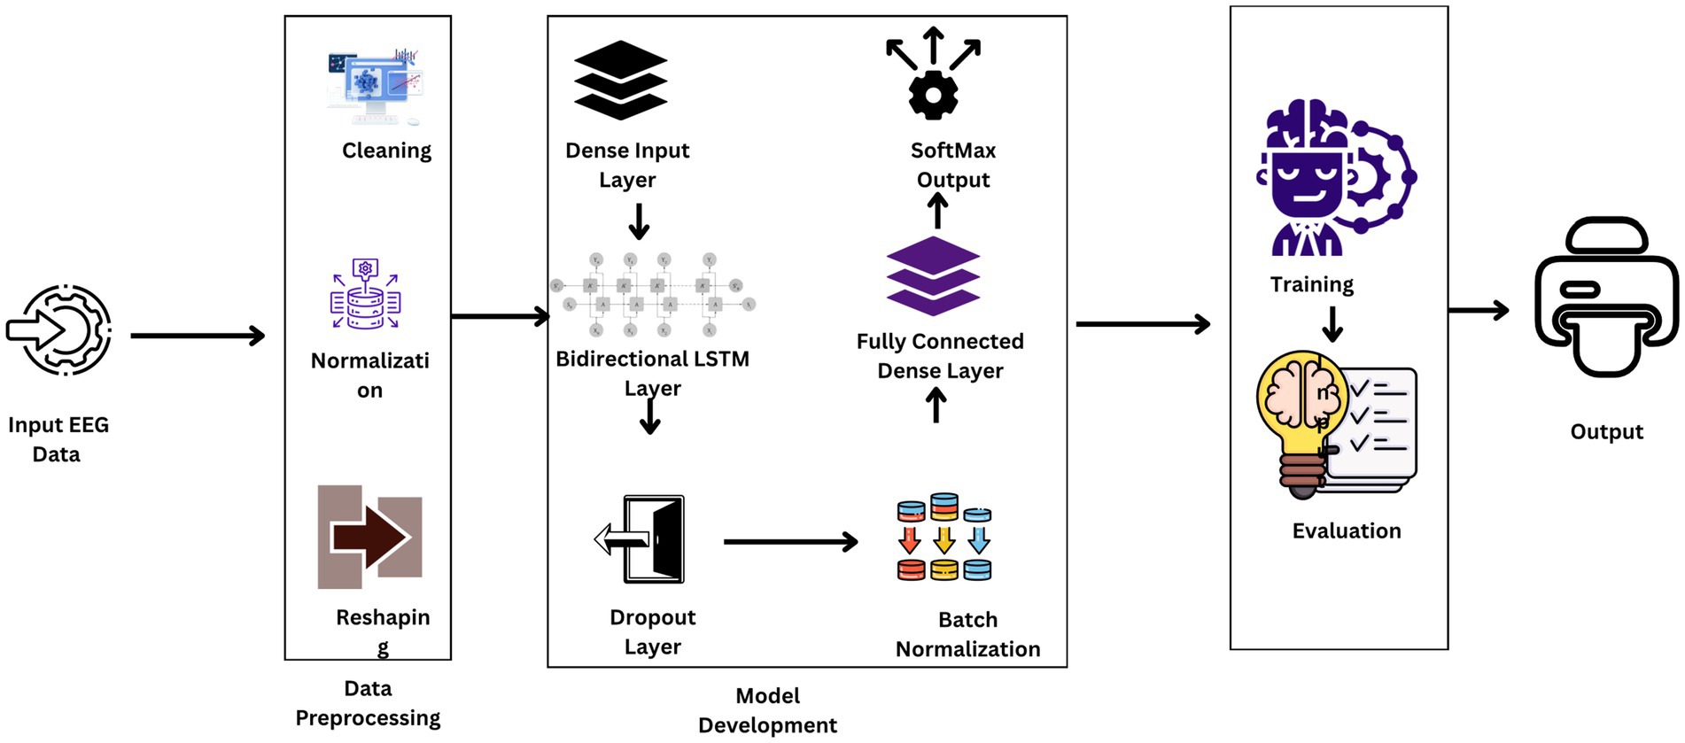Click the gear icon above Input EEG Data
tap(60, 329)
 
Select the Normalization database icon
tap(366, 295)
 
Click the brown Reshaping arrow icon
tap(370, 537)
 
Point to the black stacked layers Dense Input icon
tap(620, 80)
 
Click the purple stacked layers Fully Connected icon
tap(933, 275)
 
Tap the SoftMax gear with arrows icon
tap(933, 75)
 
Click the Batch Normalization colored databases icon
tap(944, 538)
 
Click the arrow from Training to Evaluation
tap(1332, 323)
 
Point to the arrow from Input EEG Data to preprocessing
tap(198, 336)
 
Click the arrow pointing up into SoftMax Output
tap(937, 211)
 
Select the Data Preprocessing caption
tap(368, 703)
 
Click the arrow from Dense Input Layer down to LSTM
tap(639, 221)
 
